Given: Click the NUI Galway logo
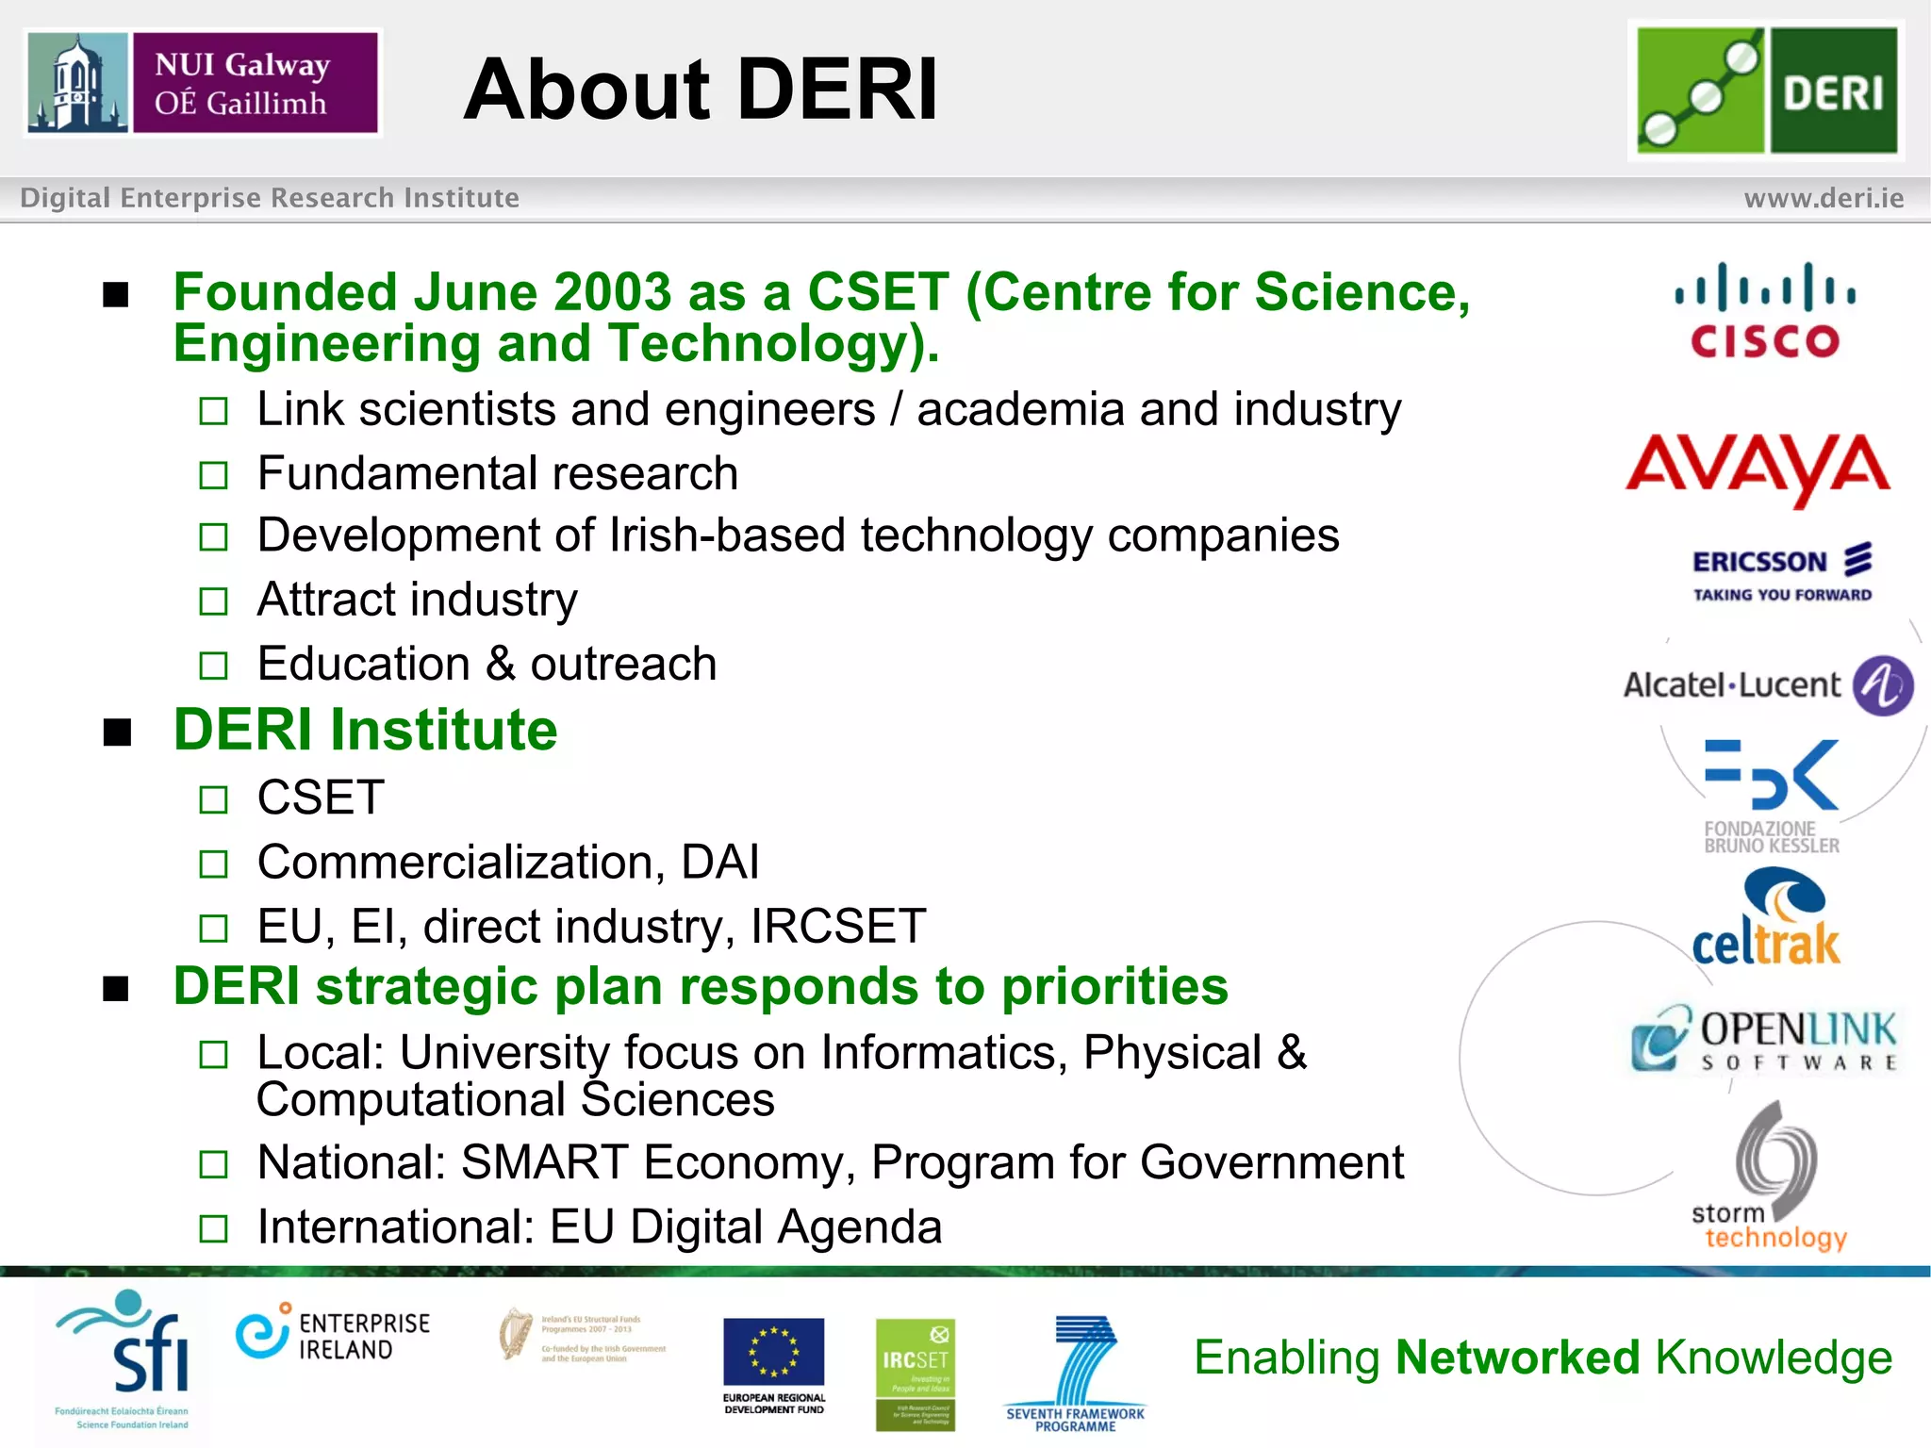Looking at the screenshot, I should tap(203, 83).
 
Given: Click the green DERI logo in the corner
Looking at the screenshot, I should tap(1767, 90).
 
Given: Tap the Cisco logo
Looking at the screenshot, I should tap(1765, 311).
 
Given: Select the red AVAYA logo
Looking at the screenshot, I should tap(1758, 468).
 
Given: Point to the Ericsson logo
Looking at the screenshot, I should tap(1781, 571).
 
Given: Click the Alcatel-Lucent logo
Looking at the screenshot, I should tap(1767, 685).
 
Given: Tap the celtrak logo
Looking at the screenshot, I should tap(1767, 920).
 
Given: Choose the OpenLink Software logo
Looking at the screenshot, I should tap(1765, 1039).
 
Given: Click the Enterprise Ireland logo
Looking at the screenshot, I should tap(334, 1335).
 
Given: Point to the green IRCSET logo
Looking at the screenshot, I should tap(915, 1373).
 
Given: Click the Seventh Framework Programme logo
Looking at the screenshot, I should tap(1077, 1373).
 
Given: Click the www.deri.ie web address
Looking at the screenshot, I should tap(1824, 198).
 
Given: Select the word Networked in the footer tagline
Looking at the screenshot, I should tap(1518, 1357).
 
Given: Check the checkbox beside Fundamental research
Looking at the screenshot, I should tap(214, 475).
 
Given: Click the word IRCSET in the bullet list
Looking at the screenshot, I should tap(837, 926).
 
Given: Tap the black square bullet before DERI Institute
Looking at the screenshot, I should tap(117, 732).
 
